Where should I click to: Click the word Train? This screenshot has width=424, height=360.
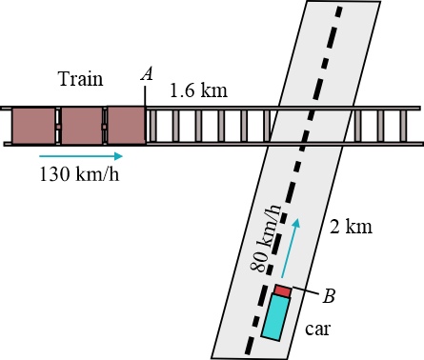click(x=81, y=79)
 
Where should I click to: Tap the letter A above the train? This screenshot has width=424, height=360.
click(x=147, y=74)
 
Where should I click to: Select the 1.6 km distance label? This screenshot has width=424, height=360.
click(x=199, y=90)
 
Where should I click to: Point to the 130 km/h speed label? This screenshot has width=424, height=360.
click(x=79, y=174)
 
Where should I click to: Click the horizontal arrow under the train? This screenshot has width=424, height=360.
click(x=81, y=156)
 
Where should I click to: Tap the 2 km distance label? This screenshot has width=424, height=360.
click(x=351, y=227)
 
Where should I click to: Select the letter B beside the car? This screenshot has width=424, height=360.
click(x=329, y=296)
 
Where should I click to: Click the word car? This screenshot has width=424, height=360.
click(x=317, y=329)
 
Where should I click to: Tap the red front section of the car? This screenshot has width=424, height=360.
click(x=283, y=290)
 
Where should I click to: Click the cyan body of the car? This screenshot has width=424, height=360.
click(x=275, y=317)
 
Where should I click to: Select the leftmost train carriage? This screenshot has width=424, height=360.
click(x=33, y=126)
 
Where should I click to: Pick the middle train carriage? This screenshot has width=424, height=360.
click(x=82, y=126)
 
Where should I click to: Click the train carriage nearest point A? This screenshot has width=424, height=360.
click(x=126, y=126)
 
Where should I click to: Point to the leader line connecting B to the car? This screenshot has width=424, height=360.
click(x=305, y=290)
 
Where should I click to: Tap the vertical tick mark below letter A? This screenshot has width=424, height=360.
click(x=145, y=97)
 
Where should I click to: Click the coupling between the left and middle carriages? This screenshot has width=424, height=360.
click(x=58, y=127)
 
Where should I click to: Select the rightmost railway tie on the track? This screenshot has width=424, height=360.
click(x=403, y=126)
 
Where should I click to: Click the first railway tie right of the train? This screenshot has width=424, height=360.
click(x=152, y=126)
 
